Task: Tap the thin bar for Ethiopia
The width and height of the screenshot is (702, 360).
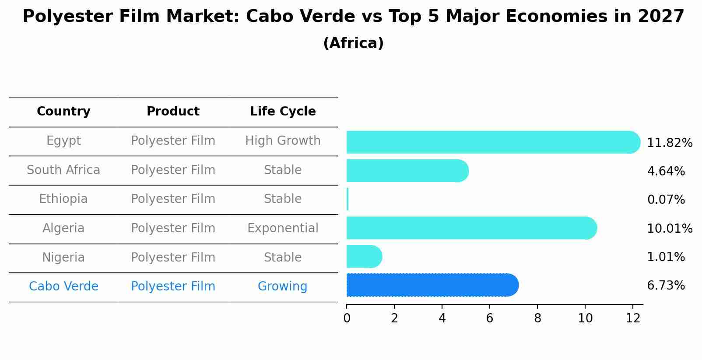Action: [x=347, y=199]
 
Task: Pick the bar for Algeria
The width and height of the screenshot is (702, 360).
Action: [x=471, y=228]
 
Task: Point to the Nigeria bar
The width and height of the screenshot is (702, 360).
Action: [x=364, y=256]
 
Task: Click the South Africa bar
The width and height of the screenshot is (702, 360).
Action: [x=407, y=171]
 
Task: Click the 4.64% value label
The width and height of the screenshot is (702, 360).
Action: [x=666, y=171]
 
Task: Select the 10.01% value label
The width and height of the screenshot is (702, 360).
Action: [x=670, y=229]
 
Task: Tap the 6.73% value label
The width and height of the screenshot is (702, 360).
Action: [x=666, y=286]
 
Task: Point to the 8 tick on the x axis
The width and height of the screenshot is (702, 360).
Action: [x=537, y=318]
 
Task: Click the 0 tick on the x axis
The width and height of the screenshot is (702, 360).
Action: [x=347, y=318]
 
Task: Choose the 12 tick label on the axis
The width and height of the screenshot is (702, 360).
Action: [x=633, y=318]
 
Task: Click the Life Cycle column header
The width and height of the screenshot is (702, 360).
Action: [x=283, y=112]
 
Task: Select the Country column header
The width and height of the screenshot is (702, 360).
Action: [x=63, y=112]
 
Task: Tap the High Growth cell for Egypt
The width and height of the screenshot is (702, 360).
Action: [x=283, y=141]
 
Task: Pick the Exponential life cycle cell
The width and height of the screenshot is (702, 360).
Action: [x=283, y=228]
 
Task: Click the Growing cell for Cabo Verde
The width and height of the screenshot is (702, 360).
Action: [x=282, y=287]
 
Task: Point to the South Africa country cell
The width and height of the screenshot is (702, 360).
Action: [x=63, y=170]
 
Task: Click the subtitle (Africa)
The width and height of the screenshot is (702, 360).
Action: [x=353, y=43]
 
